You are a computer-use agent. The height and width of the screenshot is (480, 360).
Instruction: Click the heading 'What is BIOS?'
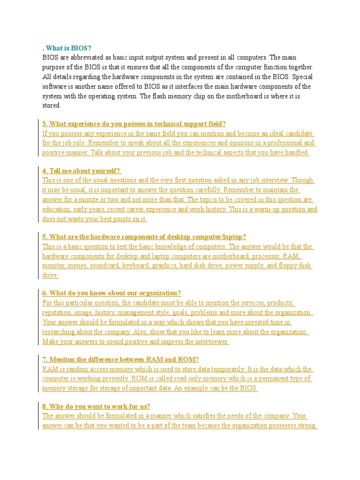point(68,48)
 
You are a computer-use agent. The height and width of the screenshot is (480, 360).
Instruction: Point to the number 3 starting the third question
point(44,124)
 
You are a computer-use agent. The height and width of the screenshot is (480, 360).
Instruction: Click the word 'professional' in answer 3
point(284,143)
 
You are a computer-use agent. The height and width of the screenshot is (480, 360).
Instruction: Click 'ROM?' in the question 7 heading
point(188,360)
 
